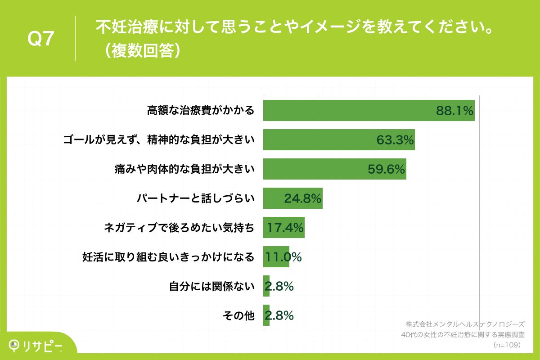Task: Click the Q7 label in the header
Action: click(x=41, y=39)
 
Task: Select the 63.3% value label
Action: click(x=395, y=140)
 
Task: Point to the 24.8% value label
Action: click(x=302, y=198)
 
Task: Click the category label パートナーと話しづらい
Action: click(x=196, y=198)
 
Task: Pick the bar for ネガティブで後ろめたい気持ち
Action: click(x=283, y=228)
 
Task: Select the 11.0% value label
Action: click(x=283, y=257)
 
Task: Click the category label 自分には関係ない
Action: click(x=212, y=286)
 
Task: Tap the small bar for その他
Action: click(x=266, y=315)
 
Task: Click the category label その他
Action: click(x=238, y=316)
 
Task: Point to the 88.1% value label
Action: click(x=455, y=111)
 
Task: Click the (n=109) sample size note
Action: click(x=507, y=345)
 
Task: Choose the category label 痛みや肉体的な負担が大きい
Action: click(x=184, y=169)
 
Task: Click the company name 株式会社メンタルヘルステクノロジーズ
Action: click(x=465, y=324)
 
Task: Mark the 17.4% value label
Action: click(x=285, y=228)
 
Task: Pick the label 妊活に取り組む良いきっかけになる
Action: click(x=168, y=257)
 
